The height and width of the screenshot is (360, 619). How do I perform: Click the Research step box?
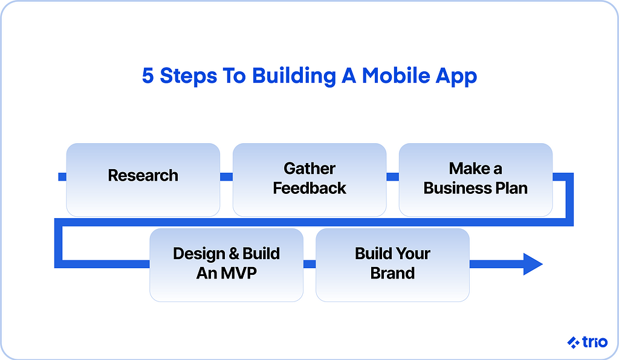coord(143,180)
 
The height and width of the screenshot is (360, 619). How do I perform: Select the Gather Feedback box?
coord(309,180)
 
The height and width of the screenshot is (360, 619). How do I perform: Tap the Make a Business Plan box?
coord(476,180)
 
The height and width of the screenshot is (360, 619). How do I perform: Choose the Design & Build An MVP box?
coord(226,265)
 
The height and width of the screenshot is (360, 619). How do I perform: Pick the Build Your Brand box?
coord(392,265)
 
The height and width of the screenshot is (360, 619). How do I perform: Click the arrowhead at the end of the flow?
coord(533,264)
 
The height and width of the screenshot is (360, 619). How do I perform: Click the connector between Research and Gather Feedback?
coord(226,176)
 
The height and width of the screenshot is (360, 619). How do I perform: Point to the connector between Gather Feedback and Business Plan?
coord(392,176)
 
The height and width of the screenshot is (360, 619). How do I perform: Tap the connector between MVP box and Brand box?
coord(309,264)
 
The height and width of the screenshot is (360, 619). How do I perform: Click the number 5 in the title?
coord(147,76)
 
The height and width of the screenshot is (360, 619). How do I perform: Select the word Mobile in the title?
coord(396,76)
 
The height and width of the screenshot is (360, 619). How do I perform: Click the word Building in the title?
coord(294,77)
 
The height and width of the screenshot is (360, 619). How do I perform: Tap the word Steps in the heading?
coord(189,77)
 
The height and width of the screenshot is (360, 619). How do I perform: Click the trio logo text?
coord(595,342)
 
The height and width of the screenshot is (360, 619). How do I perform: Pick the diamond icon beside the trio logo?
coord(573,342)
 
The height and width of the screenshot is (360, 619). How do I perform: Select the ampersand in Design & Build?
coord(234,254)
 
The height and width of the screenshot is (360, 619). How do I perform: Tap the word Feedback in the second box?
coord(309,188)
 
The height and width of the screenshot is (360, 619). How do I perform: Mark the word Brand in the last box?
coord(392,273)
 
